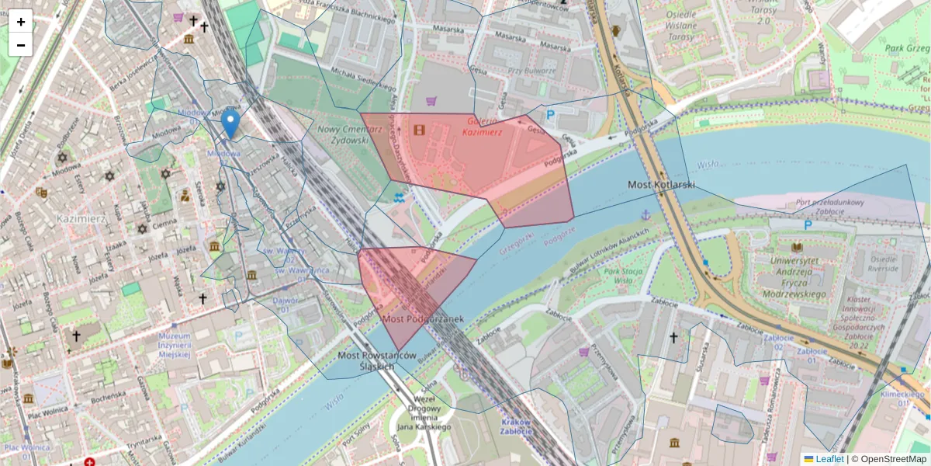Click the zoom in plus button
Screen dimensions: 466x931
(20, 22)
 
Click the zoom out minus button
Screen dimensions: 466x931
(20, 45)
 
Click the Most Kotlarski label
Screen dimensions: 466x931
(661, 185)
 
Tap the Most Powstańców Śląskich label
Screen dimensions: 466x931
(379, 361)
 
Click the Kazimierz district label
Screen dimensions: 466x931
(81, 220)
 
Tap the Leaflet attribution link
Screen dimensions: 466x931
(829, 459)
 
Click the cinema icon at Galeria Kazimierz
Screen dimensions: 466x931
(420, 130)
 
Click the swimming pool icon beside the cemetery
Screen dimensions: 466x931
(400, 197)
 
